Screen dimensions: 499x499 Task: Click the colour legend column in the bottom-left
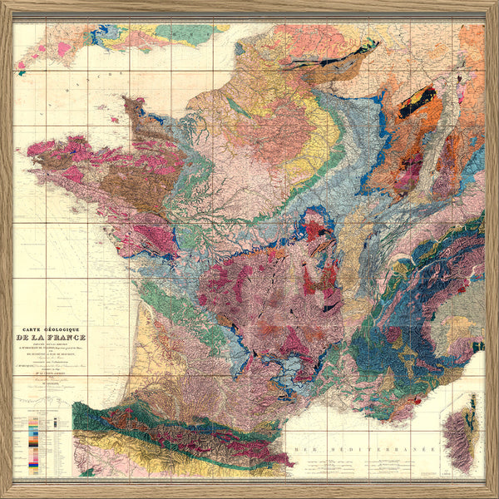pos(32,441)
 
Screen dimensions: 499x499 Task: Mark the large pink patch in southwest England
pos(63,49)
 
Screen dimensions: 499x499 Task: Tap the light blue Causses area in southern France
pos(287,366)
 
